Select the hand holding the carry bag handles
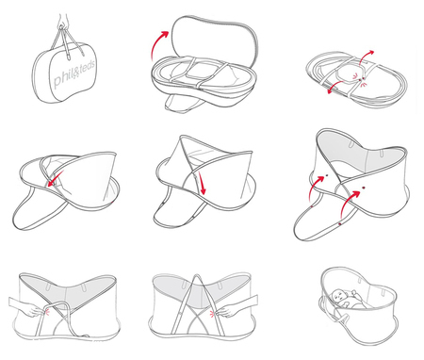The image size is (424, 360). click(x=63, y=21)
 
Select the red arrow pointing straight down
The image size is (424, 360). click(x=202, y=185)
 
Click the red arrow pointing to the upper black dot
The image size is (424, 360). click(x=315, y=188)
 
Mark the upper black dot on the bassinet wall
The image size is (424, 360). click(x=327, y=175)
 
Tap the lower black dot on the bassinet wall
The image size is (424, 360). click(x=364, y=188)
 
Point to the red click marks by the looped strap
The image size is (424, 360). click(x=47, y=311)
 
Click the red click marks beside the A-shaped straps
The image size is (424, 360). click(x=212, y=313)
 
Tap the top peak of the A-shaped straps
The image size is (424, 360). click(x=197, y=275)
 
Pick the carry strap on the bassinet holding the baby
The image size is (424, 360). click(x=341, y=316)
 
